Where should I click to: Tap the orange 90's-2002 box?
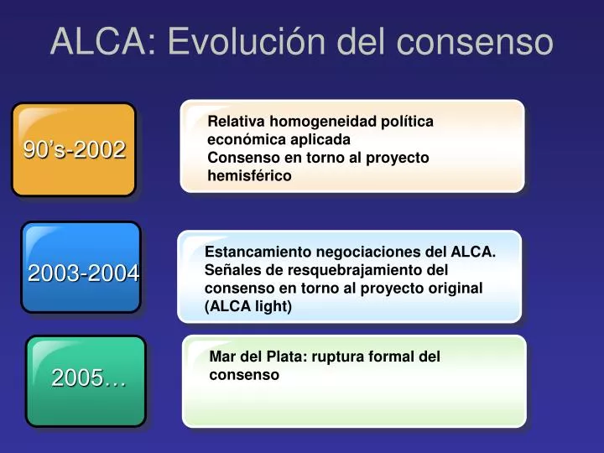tap(74, 149)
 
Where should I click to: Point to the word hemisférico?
tap(249, 175)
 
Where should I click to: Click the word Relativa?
tap(236, 121)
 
